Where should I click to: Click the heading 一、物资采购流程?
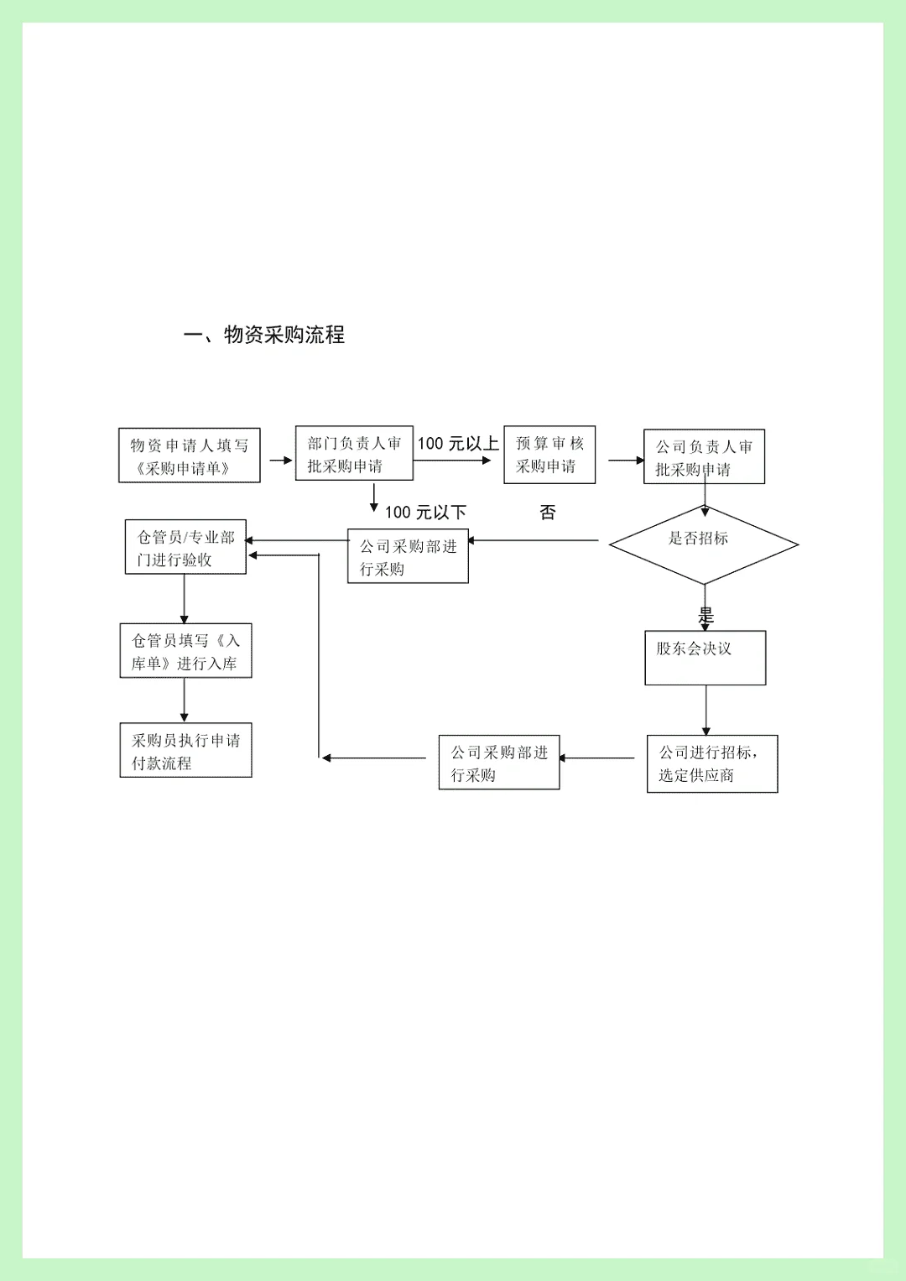point(264,335)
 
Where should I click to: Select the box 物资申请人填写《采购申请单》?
point(190,456)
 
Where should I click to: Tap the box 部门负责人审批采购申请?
point(354,454)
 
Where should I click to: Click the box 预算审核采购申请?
point(549,455)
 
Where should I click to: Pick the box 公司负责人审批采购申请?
point(704,457)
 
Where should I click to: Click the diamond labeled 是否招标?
point(703,544)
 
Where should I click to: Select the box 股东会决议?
point(705,658)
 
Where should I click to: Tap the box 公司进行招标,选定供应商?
point(712,763)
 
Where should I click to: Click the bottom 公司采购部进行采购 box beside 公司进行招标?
point(499,763)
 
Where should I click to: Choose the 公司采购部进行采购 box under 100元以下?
point(408,556)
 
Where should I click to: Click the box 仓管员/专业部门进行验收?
point(185,547)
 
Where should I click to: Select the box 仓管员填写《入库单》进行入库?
point(185,651)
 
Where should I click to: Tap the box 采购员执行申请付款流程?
point(185,751)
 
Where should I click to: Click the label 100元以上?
point(458,444)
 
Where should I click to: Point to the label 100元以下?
point(425,512)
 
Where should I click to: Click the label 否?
point(548,512)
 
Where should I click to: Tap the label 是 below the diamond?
point(706,615)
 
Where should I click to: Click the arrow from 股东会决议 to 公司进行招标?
point(706,710)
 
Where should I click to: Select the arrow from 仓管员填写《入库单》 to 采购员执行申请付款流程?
point(185,700)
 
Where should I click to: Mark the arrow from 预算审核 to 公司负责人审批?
point(626,461)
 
